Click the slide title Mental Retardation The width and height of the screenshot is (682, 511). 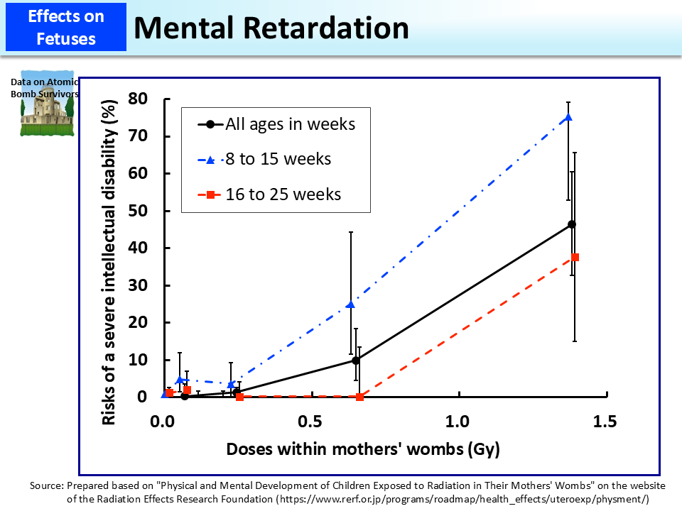click(x=271, y=27)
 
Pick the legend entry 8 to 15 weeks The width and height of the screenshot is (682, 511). click(x=278, y=159)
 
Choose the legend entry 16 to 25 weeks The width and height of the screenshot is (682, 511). click(x=283, y=194)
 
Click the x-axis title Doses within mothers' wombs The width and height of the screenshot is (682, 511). click(x=362, y=449)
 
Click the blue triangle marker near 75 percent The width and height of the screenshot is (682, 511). click(x=568, y=117)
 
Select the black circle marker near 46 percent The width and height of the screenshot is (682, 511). click(x=572, y=224)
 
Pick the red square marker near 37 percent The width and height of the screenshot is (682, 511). click(x=575, y=257)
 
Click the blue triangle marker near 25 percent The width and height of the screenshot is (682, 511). click(x=350, y=304)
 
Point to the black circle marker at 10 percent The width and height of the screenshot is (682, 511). click(x=356, y=361)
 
